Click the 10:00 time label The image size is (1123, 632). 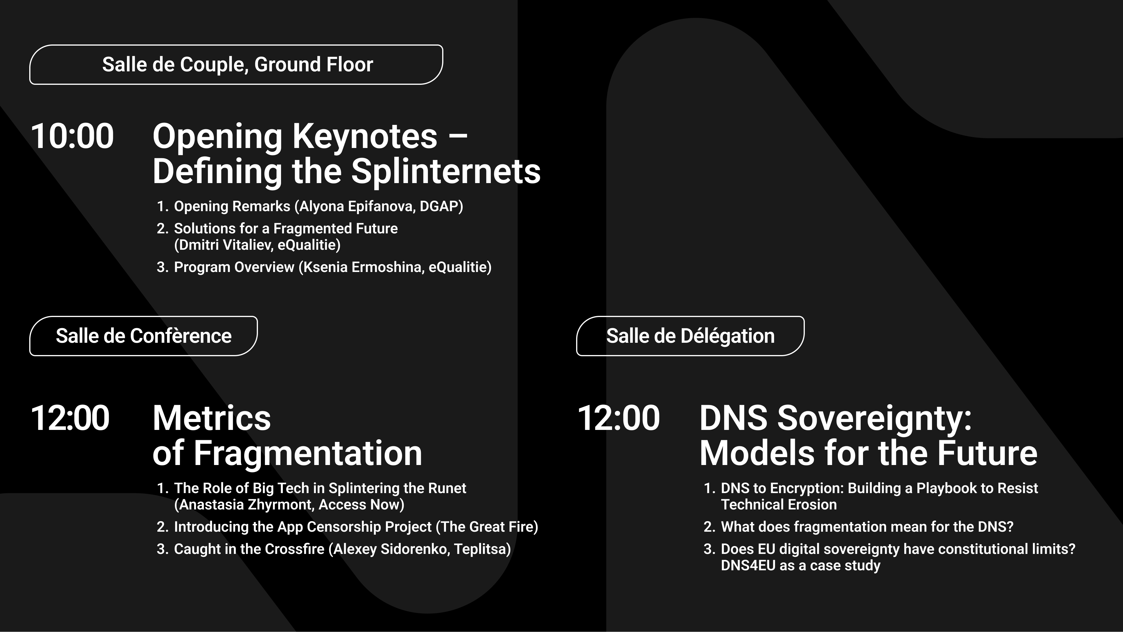tap(72, 136)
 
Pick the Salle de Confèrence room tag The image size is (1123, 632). tap(143, 336)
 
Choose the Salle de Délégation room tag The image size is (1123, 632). tap(690, 336)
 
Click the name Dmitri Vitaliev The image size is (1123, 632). tap(226, 245)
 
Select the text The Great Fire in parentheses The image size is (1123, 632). tap(487, 527)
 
